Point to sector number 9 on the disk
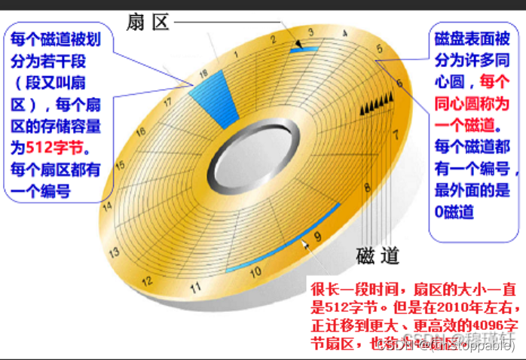tap(317, 236)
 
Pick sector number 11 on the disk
tap(196, 287)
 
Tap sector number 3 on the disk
tap(310, 32)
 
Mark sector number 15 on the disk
tap(119, 166)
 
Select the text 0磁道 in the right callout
tap(454, 212)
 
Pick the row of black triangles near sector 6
tap(377, 104)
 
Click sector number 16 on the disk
tap(139, 132)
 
